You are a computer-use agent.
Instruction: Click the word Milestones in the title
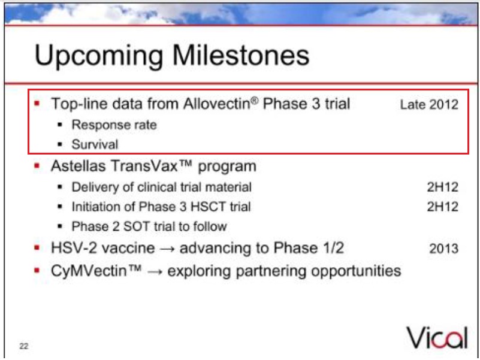point(241,56)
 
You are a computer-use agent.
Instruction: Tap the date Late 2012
point(429,105)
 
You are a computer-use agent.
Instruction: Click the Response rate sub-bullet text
point(114,125)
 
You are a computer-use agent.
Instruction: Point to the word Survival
point(95,144)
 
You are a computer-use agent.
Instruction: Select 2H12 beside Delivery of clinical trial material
point(443,187)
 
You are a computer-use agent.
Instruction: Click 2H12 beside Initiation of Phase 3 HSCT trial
point(443,207)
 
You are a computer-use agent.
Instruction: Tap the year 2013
point(444,249)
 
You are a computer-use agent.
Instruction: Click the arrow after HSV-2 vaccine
point(167,249)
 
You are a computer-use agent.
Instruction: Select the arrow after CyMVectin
point(155,272)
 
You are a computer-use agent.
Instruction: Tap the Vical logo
point(437,338)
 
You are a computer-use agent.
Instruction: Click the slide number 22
point(24,346)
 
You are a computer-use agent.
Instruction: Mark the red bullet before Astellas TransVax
point(37,166)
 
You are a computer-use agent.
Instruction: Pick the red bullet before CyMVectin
point(37,271)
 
